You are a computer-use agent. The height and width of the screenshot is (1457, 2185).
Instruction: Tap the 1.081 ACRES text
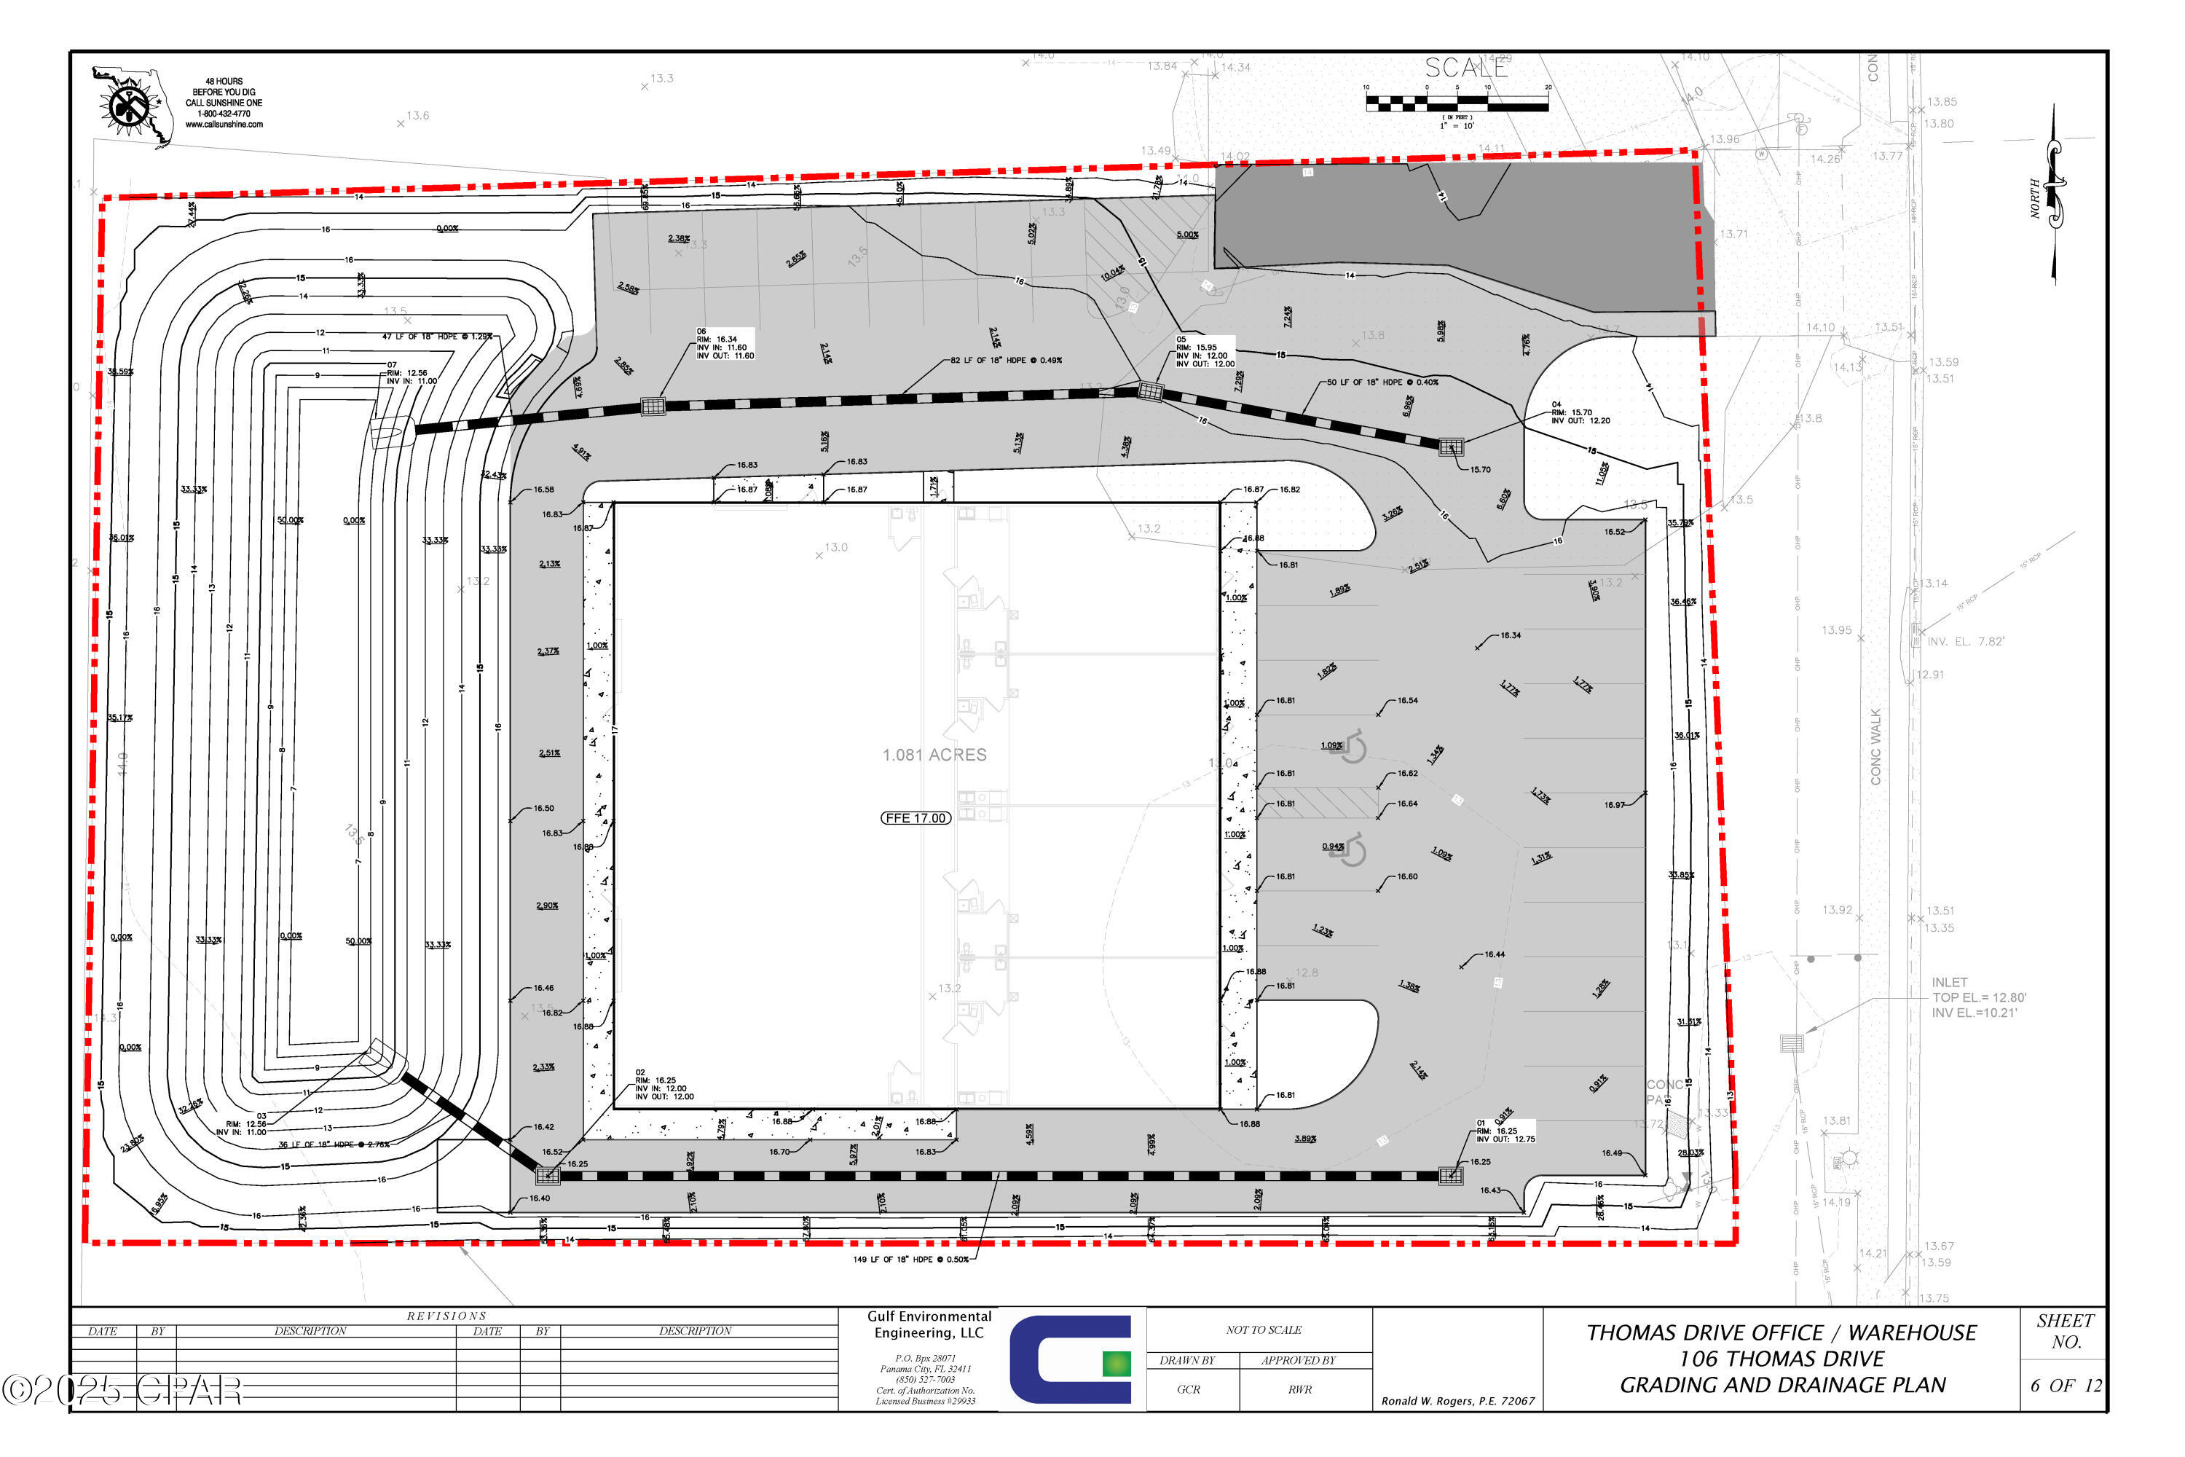934,755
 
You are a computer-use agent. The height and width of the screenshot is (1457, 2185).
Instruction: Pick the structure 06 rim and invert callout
725,343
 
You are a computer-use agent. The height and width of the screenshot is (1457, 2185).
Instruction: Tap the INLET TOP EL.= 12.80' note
1977,997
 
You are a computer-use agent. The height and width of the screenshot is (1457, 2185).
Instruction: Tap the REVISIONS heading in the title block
446,1316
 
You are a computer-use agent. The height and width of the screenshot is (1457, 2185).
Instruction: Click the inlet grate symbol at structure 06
653,406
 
